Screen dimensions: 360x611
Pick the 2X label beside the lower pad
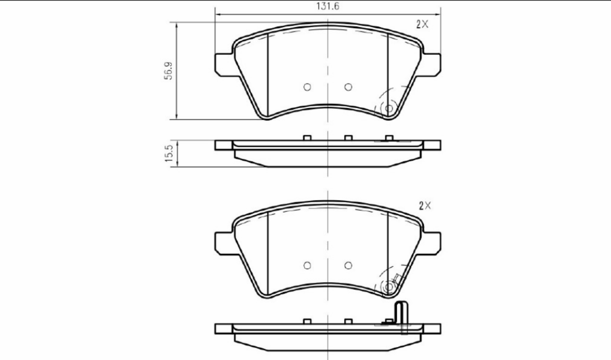(x=425, y=206)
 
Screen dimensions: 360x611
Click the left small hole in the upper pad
(x=307, y=87)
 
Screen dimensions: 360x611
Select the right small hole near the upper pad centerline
(x=348, y=87)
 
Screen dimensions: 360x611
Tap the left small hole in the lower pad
(x=307, y=265)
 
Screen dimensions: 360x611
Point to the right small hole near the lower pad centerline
(x=348, y=265)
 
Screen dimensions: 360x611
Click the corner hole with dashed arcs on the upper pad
(x=389, y=108)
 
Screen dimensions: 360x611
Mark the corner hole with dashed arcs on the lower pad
(x=389, y=287)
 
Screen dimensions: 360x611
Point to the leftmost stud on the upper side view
(x=308, y=138)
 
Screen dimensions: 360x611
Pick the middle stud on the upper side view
(x=348, y=138)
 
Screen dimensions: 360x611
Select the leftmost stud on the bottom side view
(x=308, y=321)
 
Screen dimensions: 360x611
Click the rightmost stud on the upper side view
(x=389, y=138)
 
